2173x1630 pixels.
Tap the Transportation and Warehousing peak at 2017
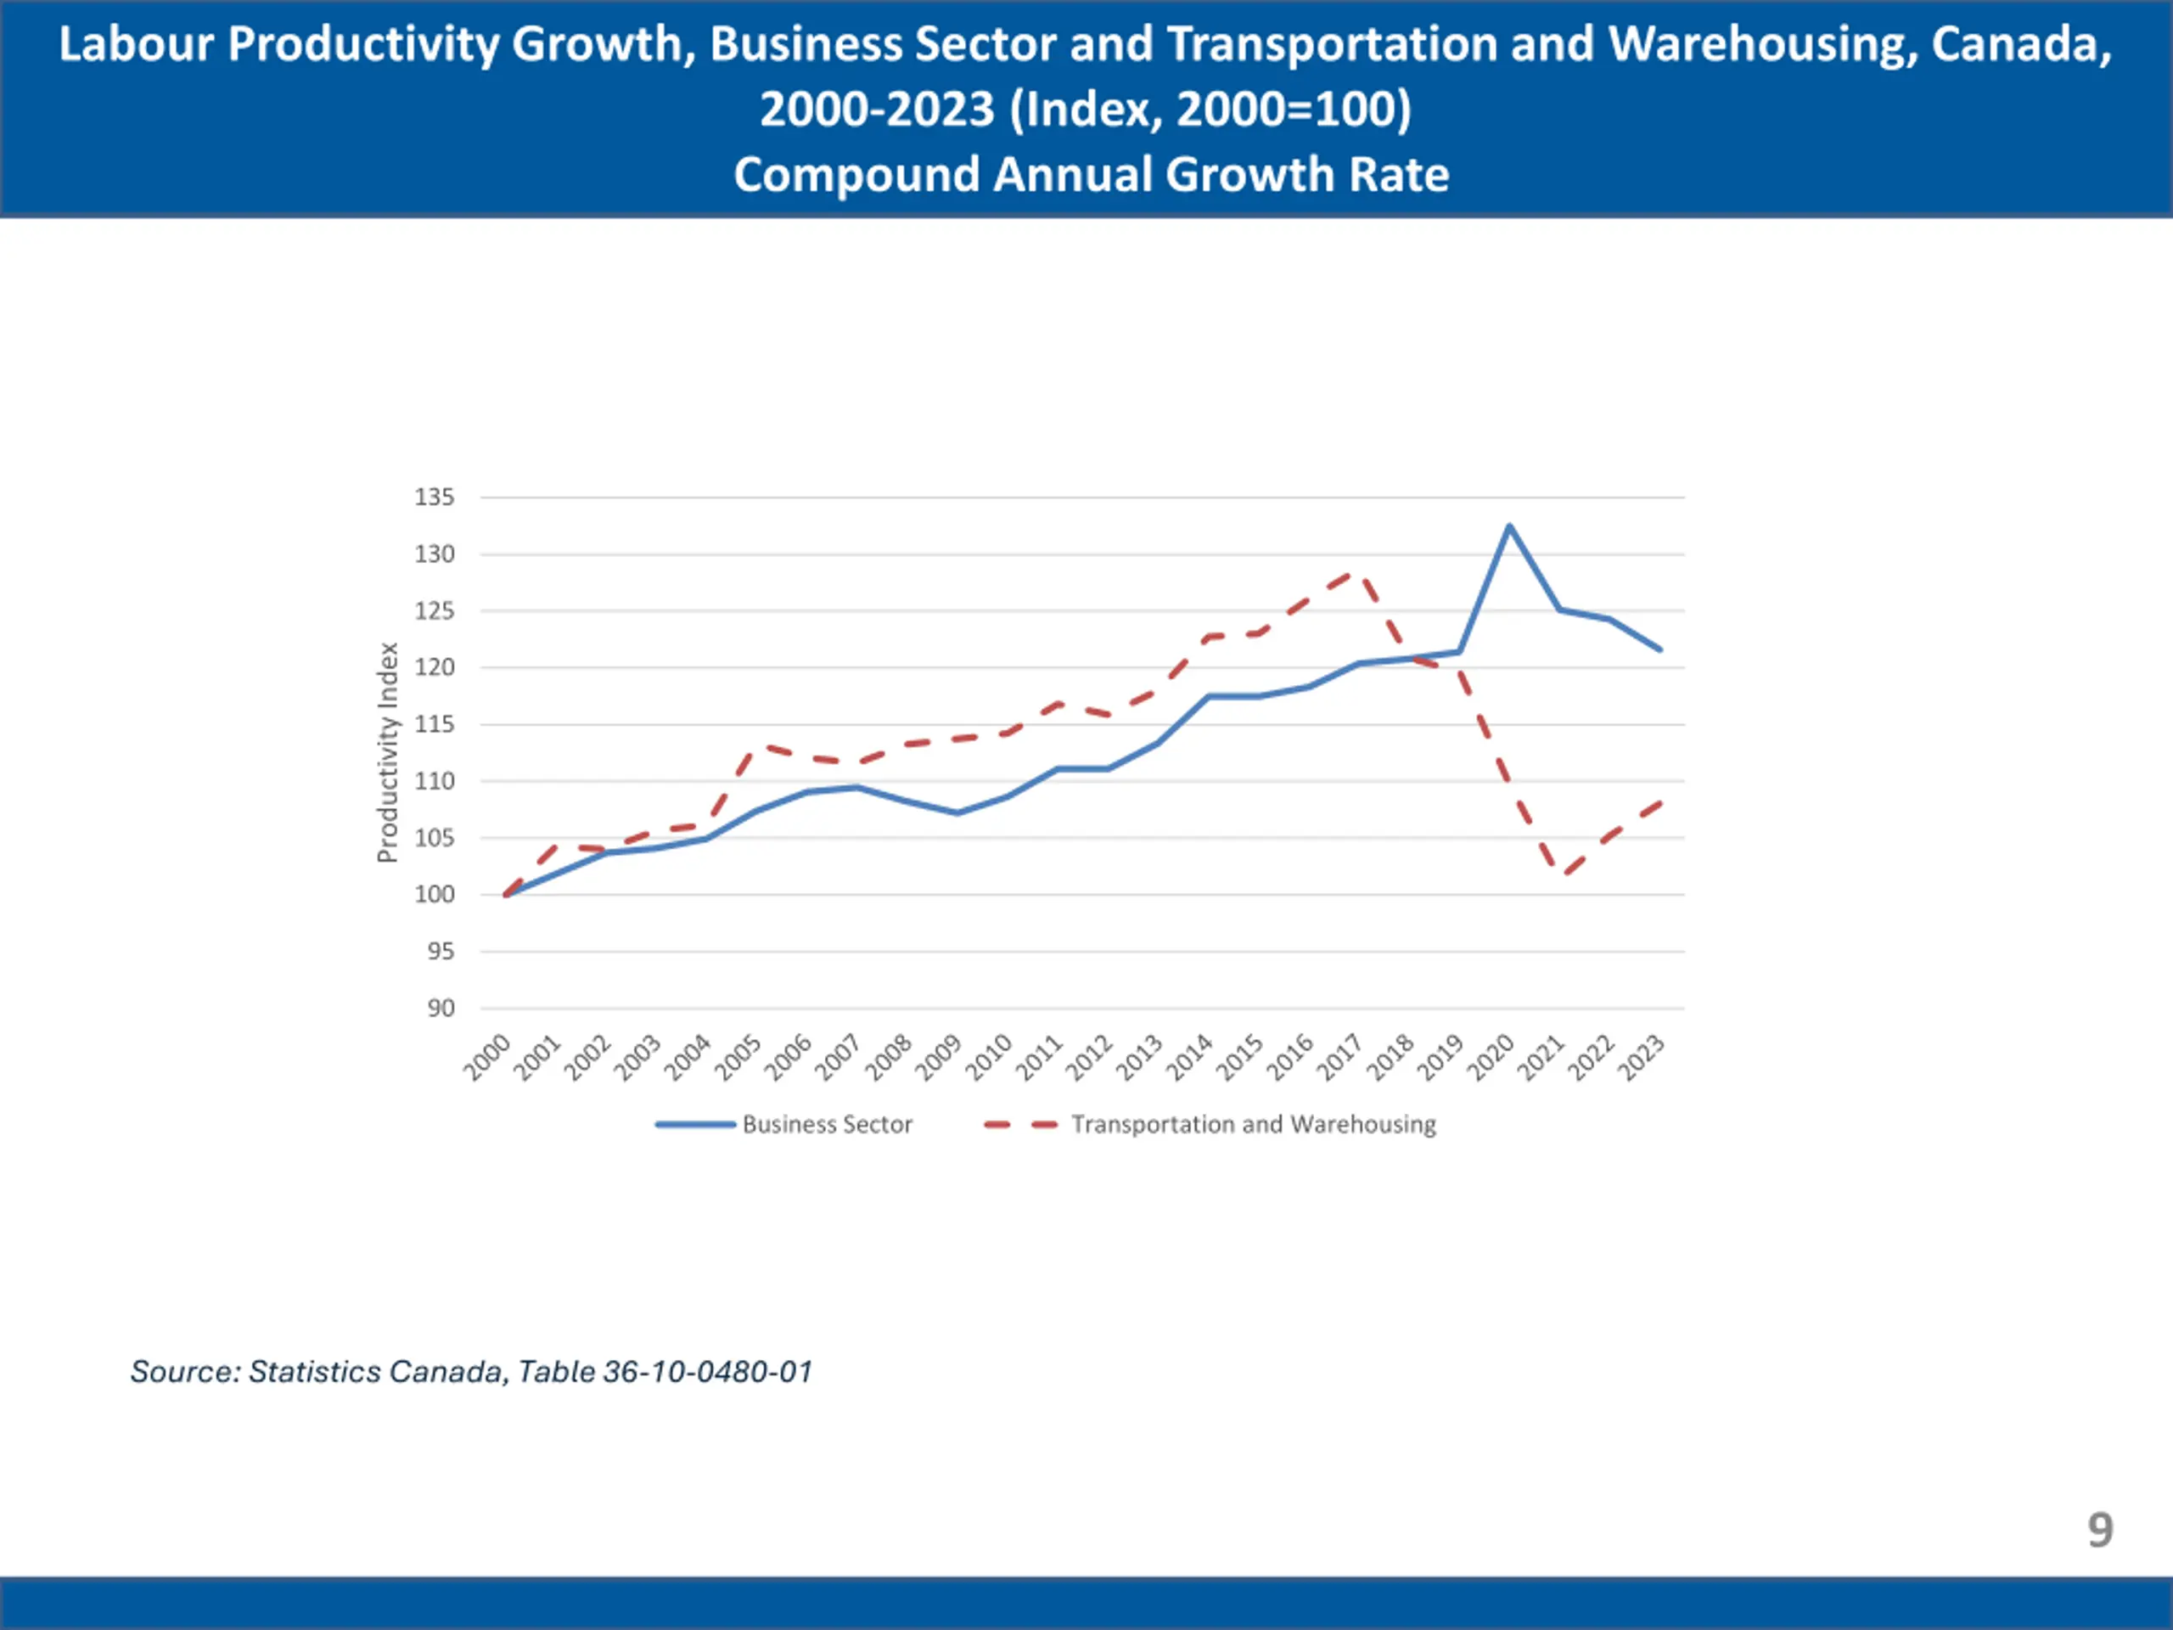[1360, 573]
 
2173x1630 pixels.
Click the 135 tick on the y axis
[435, 497]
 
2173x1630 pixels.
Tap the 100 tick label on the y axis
[435, 894]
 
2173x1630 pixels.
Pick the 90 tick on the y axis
[440, 1008]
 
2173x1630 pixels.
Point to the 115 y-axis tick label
[435, 724]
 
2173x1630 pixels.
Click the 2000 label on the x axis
[488, 1057]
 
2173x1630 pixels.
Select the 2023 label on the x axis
[1642, 1057]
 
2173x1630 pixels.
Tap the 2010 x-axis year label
[989, 1057]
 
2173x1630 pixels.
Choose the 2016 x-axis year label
[1291, 1057]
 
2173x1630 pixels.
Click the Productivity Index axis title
[388, 753]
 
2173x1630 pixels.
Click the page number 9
[2100, 1530]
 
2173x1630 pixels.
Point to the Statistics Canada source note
[472, 1372]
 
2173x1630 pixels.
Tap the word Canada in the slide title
[2021, 45]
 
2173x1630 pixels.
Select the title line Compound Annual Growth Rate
[1091, 175]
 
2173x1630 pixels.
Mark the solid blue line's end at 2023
[1659, 649]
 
